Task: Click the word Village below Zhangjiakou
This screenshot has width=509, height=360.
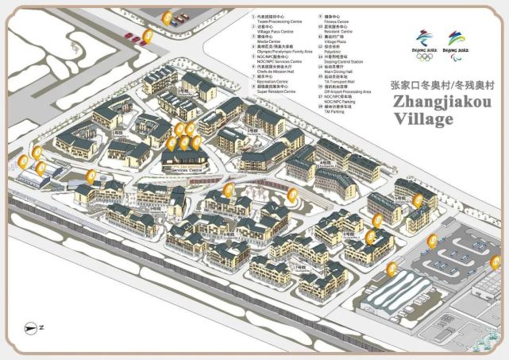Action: pyautogui.click(x=424, y=120)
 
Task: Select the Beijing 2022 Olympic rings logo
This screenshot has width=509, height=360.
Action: pyautogui.click(x=425, y=43)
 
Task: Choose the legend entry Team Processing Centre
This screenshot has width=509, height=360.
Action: pyautogui.click(x=279, y=21)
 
